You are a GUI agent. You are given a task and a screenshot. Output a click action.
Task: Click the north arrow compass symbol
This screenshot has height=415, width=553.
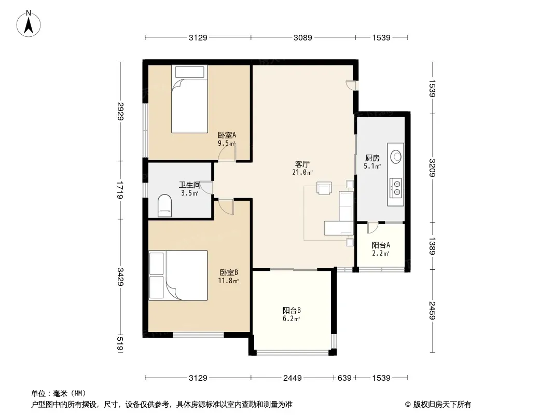(x=29, y=24)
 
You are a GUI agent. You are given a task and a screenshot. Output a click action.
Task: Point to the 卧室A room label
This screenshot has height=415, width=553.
(x=227, y=135)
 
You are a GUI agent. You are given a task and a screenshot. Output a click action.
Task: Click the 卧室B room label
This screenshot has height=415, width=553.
(x=229, y=272)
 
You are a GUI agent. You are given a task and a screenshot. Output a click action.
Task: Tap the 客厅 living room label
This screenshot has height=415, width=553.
(x=302, y=164)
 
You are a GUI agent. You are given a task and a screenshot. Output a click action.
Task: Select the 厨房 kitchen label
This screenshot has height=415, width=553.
(x=372, y=158)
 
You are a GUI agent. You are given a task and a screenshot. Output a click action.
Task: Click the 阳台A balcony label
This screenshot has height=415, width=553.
(x=381, y=245)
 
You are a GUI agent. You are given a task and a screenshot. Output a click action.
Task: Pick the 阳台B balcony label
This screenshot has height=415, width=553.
(x=292, y=311)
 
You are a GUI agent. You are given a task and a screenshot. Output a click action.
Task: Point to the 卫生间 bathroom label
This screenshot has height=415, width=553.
(x=190, y=185)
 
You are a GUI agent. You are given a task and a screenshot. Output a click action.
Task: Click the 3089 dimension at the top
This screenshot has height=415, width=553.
(x=303, y=38)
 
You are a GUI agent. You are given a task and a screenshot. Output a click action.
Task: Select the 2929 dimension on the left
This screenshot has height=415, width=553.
(x=121, y=111)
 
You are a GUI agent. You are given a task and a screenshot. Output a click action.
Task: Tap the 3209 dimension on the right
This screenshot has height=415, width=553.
(x=432, y=168)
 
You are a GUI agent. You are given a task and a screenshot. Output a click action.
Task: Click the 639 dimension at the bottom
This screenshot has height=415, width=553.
(x=344, y=378)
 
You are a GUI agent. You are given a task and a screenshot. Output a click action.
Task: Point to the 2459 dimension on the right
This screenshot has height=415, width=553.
(x=432, y=311)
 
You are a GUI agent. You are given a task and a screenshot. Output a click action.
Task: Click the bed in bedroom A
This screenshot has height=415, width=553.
(x=189, y=99)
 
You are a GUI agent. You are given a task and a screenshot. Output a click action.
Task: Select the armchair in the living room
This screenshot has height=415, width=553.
(x=324, y=188)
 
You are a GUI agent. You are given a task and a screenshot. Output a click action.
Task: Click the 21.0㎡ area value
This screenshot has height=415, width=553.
(x=302, y=172)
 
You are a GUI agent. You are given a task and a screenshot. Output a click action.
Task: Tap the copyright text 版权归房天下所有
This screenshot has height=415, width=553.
(x=442, y=405)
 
